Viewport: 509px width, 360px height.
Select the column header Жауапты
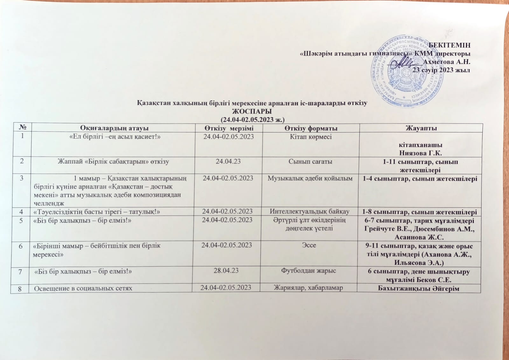421,128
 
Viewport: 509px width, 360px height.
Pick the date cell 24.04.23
228,161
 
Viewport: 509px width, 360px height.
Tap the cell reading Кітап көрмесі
310,137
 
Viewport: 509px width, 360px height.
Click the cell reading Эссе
309,245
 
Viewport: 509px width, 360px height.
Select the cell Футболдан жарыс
309,271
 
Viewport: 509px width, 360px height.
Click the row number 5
21,220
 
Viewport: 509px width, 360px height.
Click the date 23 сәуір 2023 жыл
441,70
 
